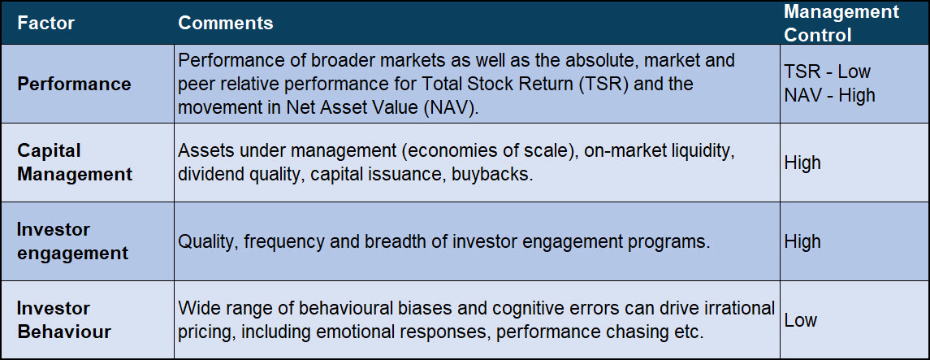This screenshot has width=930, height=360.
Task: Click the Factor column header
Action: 45,23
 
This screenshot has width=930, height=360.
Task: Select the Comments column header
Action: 225,23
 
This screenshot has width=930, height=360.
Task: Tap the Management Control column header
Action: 841,23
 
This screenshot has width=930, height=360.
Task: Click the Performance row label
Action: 74,84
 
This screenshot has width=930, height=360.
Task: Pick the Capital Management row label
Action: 75,163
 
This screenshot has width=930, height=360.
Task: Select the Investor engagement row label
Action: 72,241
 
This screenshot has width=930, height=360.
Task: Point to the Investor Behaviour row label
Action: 64,320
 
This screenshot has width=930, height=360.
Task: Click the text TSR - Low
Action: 828,72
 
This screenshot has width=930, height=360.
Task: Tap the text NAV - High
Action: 830,96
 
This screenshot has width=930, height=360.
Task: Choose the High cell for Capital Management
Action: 802,163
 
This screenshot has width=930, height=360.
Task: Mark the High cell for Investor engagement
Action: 802,241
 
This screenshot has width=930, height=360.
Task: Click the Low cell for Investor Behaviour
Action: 801,320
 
